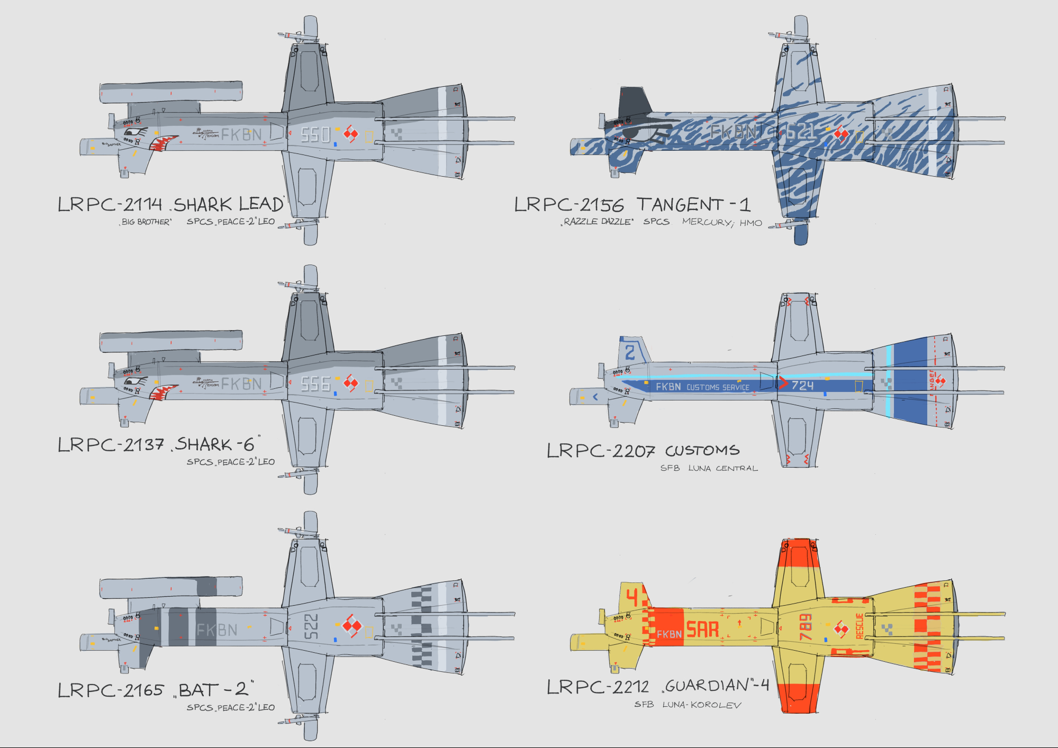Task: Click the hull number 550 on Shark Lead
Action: (x=315, y=135)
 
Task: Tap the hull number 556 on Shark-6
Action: (x=315, y=384)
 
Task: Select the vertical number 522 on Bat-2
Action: (x=311, y=626)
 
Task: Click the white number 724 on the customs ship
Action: (x=802, y=386)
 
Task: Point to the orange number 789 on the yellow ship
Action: (x=805, y=627)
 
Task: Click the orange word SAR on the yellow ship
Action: (x=702, y=630)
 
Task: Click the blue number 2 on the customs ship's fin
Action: (x=630, y=352)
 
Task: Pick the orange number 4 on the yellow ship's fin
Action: (x=632, y=597)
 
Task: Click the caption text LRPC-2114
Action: (x=110, y=204)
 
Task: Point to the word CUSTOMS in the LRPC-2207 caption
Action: (x=702, y=451)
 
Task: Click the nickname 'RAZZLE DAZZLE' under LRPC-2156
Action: (x=598, y=222)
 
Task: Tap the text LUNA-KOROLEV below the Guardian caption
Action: (x=702, y=705)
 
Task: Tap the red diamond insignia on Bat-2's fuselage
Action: (x=351, y=626)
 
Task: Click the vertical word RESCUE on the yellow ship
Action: (x=860, y=626)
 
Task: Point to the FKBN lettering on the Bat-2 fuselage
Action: (x=217, y=630)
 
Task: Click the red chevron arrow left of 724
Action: (x=783, y=382)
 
